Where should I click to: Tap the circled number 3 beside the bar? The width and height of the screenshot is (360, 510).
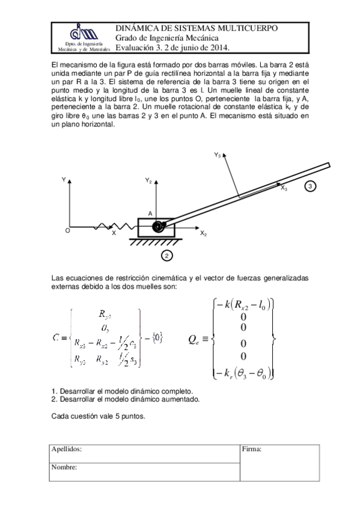pyautogui.click(x=310, y=186)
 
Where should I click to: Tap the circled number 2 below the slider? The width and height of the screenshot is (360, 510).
pyautogui.click(x=167, y=256)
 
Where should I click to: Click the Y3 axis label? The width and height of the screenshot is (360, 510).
pyautogui.click(x=217, y=155)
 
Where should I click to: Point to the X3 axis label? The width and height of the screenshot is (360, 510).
pyautogui.click(x=283, y=189)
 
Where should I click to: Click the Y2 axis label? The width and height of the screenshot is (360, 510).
pyautogui.click(x=148, y=180)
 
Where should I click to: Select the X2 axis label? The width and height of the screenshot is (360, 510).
pyautogui.click(x=203, y=233)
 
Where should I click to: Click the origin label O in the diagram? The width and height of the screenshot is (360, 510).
pyautogui.click(x=67, y=230)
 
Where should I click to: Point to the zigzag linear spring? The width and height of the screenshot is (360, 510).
pyautogui.click(x=121, y=227)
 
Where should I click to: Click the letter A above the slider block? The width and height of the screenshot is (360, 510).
pyautogui.click(x=150, y=214)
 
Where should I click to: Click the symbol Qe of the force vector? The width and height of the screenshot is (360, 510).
pyautogui.click(x=195, y=339)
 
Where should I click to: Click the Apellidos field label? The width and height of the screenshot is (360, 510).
pyautogui.click(x=66, y=449)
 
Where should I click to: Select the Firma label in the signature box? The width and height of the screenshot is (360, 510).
pyautogui.click(x=251, y=449)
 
